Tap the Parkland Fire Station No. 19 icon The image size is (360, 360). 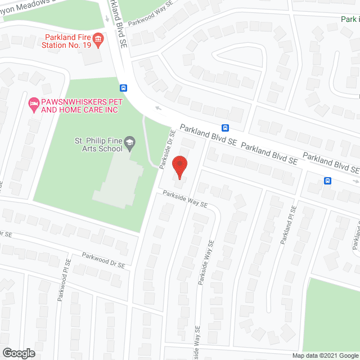(x=99, y=39)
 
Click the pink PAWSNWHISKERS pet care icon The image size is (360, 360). (x=33, y=103)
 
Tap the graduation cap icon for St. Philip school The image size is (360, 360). (x=130, y=142)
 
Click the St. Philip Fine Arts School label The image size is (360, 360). (x=98, y=145)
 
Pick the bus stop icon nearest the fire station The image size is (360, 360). (x=123, y=88)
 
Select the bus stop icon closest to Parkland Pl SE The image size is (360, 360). (x=327, y=181)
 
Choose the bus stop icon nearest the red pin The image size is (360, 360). (x=225, y=128)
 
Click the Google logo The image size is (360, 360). (x=19, y=353)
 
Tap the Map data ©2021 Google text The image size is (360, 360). (x=325, y=355)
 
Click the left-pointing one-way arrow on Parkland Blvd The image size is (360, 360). (x=159, y=109)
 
